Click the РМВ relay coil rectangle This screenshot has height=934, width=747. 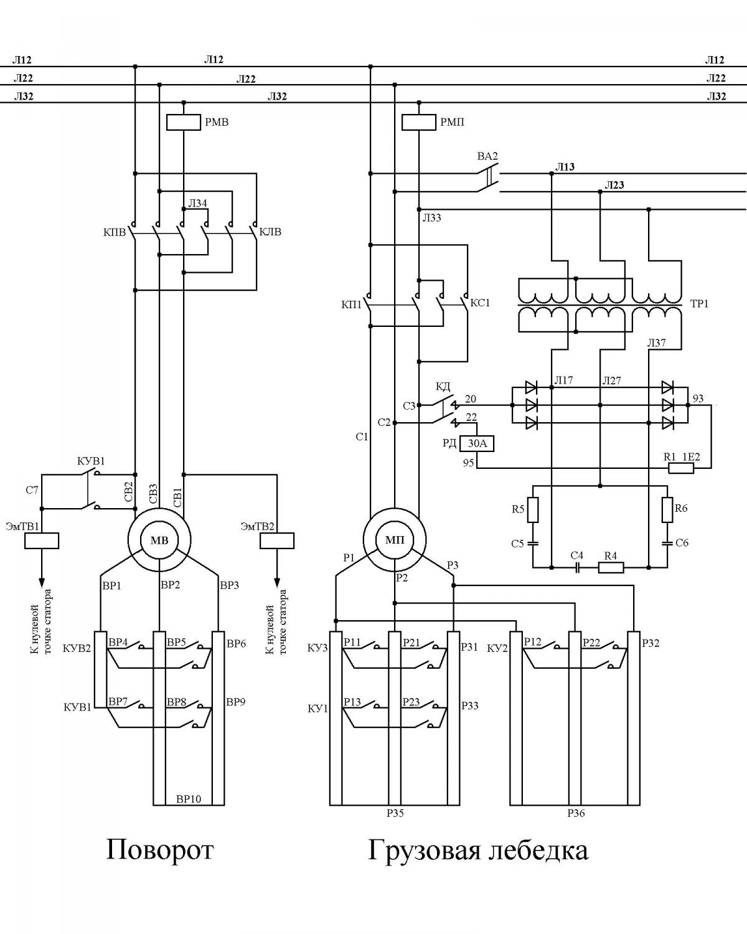click(x=184, y=123)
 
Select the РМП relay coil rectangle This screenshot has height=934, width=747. click(x=419, y=123)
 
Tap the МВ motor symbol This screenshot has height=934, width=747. click(x=159, y=540)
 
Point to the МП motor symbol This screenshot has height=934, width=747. click(x=395, y=540)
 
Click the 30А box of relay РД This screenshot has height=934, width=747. click(x=477, y=443)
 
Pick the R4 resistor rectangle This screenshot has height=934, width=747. click(x=611, y=567)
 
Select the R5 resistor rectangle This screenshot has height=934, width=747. click(x=533, y=510)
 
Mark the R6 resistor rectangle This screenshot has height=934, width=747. click(x=667, y=510)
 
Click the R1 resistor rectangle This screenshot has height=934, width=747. click(x=681, y=468)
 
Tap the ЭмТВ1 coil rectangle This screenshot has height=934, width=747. click(x=42, y=540)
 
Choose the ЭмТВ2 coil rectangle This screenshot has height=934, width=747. click(x=277, y=540)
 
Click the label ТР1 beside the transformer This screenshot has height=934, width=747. click(x=699, y=304)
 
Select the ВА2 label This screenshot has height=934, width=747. click(x=487, y=156)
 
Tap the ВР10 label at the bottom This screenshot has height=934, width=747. click(x=189, y=799)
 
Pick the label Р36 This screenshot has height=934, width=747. click(x=576, y=813)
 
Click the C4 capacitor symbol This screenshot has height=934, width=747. click(x=577, y=567)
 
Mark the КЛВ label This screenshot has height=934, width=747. click(x=270, y=232)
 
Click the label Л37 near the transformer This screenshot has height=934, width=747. click(x=656, y=343)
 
